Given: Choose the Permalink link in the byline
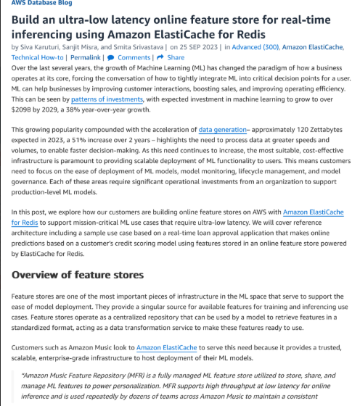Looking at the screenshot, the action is point(86,57).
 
